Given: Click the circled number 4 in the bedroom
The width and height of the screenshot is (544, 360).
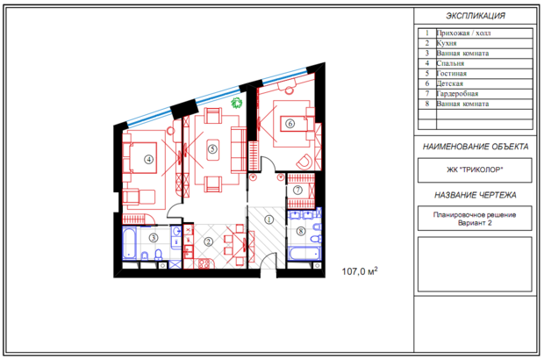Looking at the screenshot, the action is tap(149, 159).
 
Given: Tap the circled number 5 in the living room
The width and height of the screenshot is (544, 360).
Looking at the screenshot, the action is tap(212, 149).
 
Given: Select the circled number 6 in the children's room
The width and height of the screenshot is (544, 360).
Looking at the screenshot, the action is tap(290, 123).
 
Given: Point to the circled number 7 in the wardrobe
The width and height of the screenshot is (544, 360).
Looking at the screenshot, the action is tap(297, 190).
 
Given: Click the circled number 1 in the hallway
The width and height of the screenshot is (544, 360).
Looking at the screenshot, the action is tap(268, 220).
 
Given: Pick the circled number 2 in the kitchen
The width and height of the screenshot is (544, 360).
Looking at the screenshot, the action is tap(208, 241).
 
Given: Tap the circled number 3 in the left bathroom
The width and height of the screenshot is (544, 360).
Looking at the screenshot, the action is tap(154, 238).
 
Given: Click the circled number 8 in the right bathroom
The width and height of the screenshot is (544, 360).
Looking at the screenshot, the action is tap(301, 231).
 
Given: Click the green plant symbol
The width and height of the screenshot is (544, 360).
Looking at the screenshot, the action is tap(237, 103).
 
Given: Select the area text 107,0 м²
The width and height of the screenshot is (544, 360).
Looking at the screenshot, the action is tap(360, 270).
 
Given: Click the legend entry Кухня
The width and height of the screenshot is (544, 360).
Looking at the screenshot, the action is tap(447, 43).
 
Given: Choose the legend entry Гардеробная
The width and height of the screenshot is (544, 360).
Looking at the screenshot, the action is tap(457, 94).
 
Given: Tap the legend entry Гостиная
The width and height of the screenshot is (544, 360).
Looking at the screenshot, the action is tap(451, 74).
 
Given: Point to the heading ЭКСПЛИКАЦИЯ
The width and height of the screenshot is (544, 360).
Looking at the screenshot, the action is tap(476, 16).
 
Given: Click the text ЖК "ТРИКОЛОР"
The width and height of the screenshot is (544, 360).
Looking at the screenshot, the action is tap(475, 169).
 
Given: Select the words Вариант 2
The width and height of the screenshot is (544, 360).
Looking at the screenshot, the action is tap(475, 223).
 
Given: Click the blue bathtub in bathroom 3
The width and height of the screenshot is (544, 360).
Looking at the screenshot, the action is tap(129, 243).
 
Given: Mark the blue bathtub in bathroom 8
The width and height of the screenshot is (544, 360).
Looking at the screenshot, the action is tap(304, 254).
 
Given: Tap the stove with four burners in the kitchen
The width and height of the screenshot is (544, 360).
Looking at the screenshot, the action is tap(204, 263).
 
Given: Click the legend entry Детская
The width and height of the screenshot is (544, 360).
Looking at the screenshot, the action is tap(449, 83).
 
